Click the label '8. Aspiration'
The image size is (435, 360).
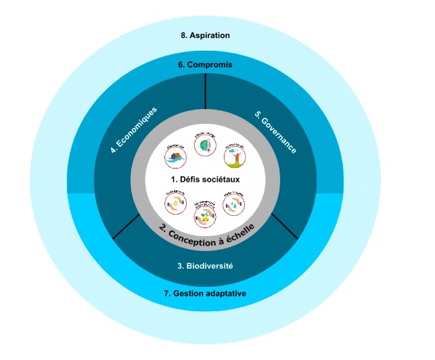(205, 35)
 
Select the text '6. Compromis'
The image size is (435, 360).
(205, 65)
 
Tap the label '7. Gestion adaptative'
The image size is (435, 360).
(205, 294)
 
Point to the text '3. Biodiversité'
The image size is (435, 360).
(205, 266)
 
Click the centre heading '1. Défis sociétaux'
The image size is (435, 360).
(205, 180)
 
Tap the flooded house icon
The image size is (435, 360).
(176, 156)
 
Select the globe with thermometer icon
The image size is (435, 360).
(204, 147)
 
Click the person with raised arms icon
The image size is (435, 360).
(234, 157)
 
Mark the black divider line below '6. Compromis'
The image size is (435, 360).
(205, 92)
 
